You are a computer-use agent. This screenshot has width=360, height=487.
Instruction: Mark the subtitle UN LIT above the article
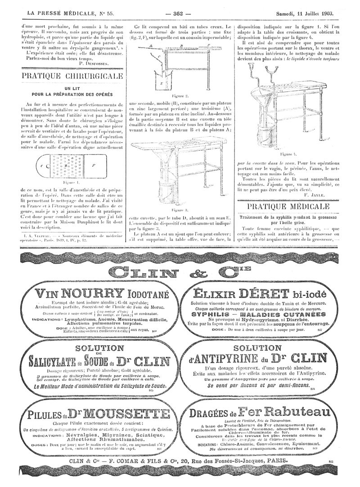point(72,89)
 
